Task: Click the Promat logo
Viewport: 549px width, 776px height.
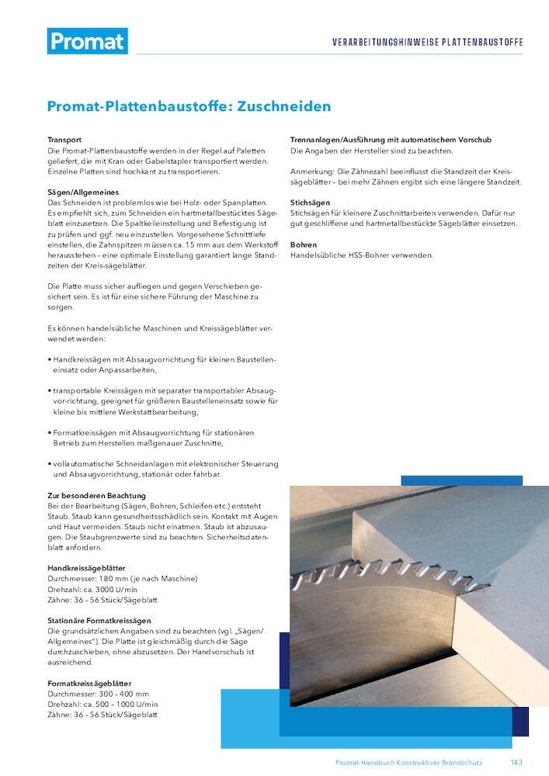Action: tap(87, 41)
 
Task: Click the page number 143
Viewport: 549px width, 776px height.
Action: tap(516, 763)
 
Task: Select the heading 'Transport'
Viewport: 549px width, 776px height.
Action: tap(64, 140)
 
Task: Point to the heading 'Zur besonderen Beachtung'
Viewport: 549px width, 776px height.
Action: tap(96, 494)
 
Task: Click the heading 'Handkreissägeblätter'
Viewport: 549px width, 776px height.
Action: tap(86, 568)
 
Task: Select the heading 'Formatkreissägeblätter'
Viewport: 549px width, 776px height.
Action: tap(89, 683)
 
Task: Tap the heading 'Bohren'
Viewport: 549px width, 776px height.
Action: tap(304, 244)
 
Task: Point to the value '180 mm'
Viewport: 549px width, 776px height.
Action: tap(117, 579)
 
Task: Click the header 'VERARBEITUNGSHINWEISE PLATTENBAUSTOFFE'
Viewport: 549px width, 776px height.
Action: tap(427, 42)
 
